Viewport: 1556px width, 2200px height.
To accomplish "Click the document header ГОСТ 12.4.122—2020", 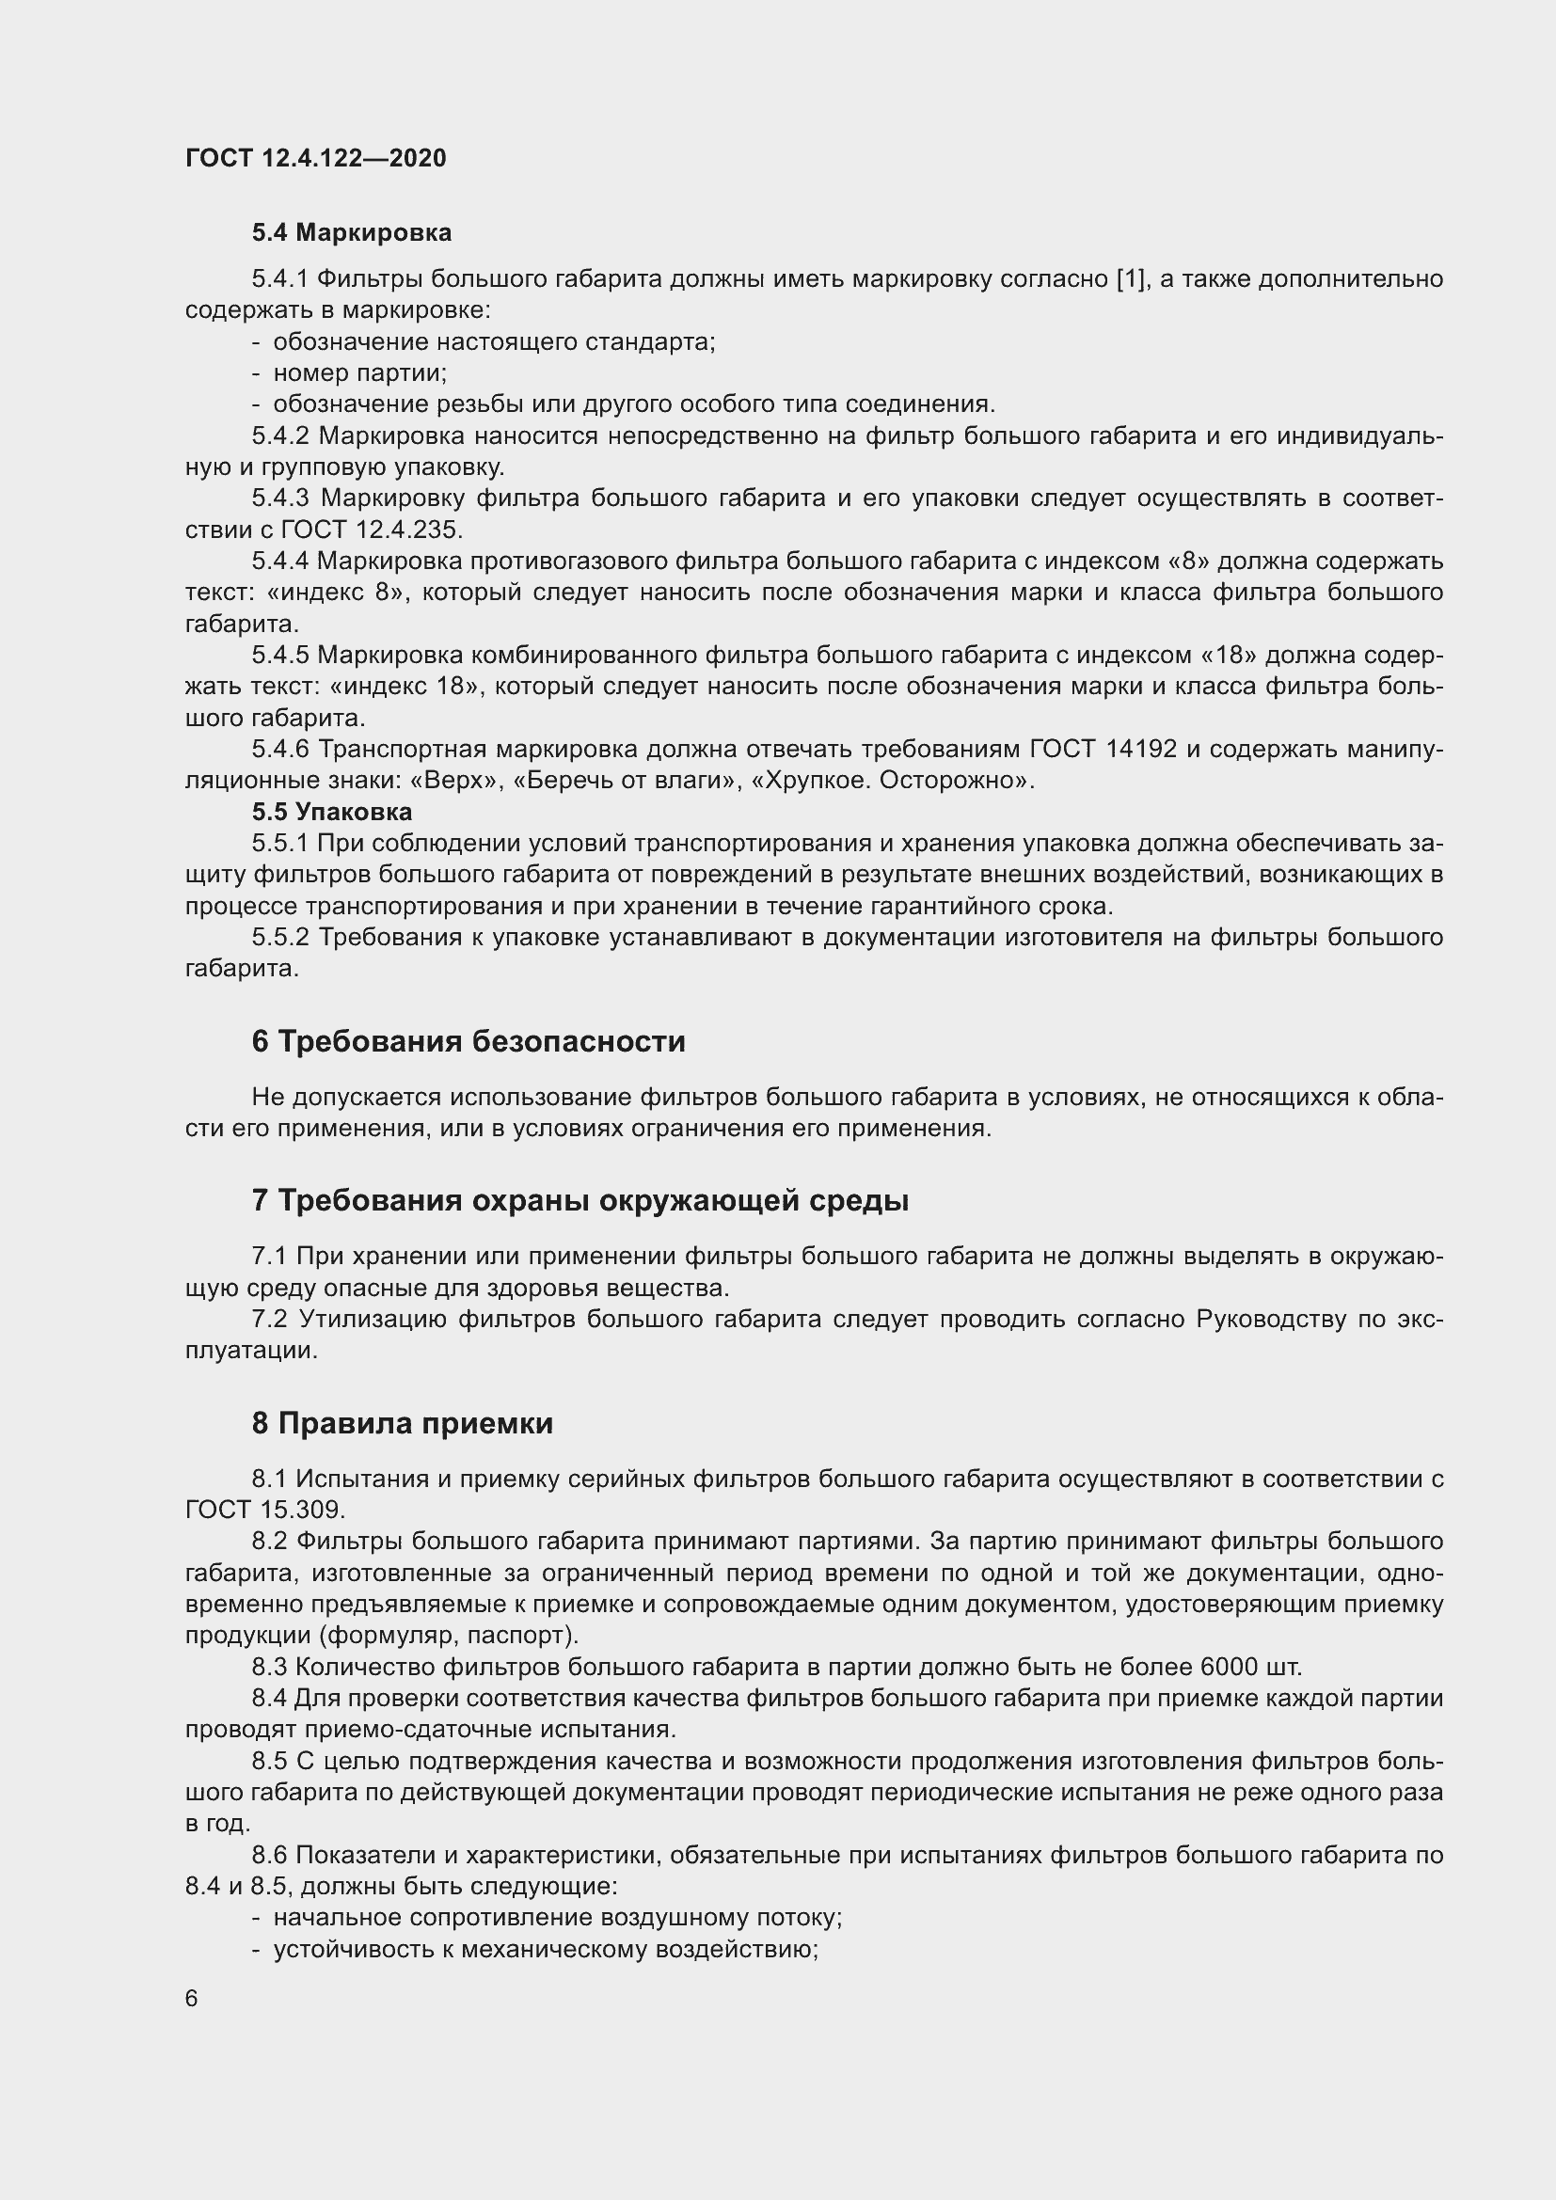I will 315,158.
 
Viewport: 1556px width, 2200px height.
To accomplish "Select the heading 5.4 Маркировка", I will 352,232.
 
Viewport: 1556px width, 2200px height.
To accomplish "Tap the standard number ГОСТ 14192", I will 1103,750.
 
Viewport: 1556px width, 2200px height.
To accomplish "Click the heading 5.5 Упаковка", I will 331,812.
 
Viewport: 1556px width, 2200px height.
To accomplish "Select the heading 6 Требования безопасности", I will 468,1041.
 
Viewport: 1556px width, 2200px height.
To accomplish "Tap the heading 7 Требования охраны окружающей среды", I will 580,1200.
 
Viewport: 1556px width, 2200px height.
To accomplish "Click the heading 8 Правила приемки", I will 403,1423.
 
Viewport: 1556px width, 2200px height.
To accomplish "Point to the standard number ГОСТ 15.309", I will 263,1511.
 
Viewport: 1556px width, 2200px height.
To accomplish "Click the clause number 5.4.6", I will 280,750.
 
